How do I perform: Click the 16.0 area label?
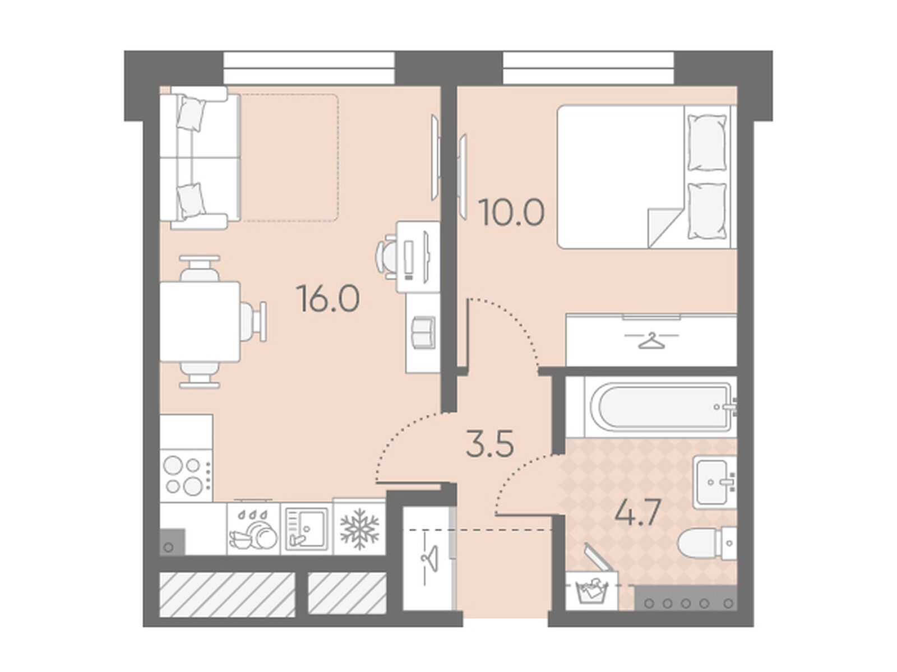pyautogui.click(x=329, y=298)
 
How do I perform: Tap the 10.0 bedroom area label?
pyautogui.click(x=513, y=212)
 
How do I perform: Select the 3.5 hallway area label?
pyautogui.click(x=489, y=442)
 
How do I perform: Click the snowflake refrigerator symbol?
pyautogui.click(x=359, y=528)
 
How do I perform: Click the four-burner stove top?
pyautogui.click(x=186, y=475)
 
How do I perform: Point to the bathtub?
pyautogui.click(x=660, y=407)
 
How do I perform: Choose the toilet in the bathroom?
pyautogui.click(x=707, y=543)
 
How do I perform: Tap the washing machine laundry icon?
pyautogui.click(x=591, y=591)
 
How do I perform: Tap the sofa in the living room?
pyautogui.click(x=200, y=158)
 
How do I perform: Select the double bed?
pyautogui.click(x=647, y=177)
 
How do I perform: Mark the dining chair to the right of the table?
pyautogui.click(x=254, y=322)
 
